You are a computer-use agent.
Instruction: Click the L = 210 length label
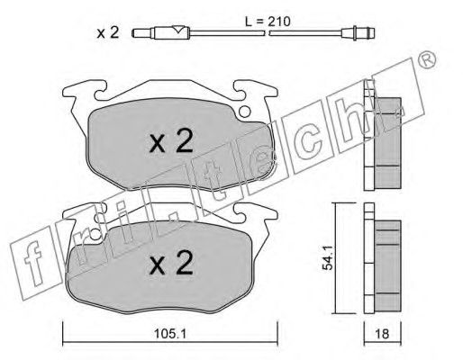[268, 22]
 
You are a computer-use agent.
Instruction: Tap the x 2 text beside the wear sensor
[108, 32]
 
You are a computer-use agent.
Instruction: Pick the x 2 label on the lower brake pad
[171, 263]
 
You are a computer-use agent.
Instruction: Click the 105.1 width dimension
[170, 334]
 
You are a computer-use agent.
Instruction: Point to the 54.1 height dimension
[328, 257]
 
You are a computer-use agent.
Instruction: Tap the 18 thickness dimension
[382, 334]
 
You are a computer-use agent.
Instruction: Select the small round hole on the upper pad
[244, 112]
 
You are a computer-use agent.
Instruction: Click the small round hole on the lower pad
[95, 234]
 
